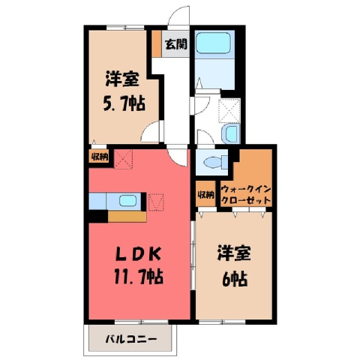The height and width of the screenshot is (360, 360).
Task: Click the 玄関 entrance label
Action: point(176,44)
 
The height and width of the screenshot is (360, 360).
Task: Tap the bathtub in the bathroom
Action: point(213,43)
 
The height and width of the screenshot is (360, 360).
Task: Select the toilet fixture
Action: point(216,162)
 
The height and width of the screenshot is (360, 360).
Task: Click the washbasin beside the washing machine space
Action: point(231,134)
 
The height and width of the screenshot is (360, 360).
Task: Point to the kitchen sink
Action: point(128,201)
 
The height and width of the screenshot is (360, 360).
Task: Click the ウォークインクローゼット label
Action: point(246,195)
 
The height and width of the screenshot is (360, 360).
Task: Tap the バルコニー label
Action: point(131,339)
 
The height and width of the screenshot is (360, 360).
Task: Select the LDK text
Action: point(139,255)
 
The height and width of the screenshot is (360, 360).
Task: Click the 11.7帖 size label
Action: point(139,276)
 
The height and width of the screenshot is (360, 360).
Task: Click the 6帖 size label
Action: point(235,279)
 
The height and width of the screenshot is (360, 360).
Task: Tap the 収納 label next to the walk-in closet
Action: point(205,195)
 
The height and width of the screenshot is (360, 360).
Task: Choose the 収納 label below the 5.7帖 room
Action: point(100,157)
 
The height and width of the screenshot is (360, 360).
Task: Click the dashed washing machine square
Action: point(229,111)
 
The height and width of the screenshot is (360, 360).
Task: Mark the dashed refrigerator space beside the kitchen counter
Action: point(156,202)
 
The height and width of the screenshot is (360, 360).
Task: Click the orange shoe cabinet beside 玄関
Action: point(157,43)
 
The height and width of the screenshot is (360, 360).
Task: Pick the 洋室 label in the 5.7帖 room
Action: point(122,79)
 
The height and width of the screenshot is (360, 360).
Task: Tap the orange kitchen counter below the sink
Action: point(127,217)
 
